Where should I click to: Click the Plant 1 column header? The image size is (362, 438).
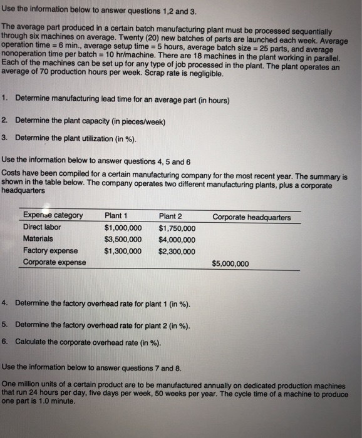coord(116,216)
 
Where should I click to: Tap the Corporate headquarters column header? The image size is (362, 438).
coord(251,217)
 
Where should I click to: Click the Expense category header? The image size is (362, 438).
coord(53,216)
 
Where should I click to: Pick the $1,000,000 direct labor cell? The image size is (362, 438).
coord(123,228)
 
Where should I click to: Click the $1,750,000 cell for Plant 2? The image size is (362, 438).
coord(177,228)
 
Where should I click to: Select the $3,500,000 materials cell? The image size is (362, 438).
coord(123,240)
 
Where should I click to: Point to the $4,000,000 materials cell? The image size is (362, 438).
coord(177,240)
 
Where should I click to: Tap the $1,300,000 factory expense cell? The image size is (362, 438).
coord(123,252)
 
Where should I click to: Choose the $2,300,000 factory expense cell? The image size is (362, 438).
coord(177,252)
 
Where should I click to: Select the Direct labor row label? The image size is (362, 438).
coord(42,227)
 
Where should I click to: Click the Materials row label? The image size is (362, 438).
coord(38,238)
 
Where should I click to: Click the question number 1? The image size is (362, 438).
coord(4,98)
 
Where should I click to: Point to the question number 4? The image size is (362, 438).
coord(4,303)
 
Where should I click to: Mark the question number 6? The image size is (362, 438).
coord(4,342)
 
